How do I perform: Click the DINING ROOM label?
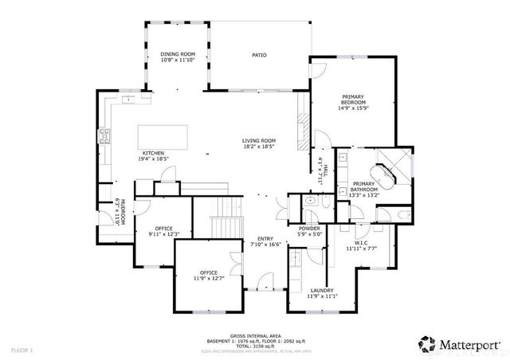tap(177, 54)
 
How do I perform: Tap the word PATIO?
tap(259, 55)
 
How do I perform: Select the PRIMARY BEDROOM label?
tap(352, 99)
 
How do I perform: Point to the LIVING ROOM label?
tap(259, 141)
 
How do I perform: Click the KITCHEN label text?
tap(153, 152)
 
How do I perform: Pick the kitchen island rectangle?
tap(165, 136)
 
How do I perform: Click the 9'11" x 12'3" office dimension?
tap(164, 233)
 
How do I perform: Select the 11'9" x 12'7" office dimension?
tap(209, 277)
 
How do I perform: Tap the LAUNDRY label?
tap(322, 290)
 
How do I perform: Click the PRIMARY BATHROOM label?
tap(363, 186)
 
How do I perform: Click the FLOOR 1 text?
tap(22, 350)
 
